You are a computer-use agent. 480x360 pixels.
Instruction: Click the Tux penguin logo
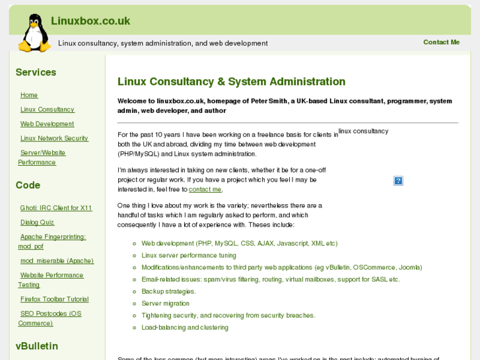coord(34,33)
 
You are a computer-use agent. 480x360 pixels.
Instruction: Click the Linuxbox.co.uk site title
coord(90,21)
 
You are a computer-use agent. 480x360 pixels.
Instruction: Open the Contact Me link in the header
coord(441,42)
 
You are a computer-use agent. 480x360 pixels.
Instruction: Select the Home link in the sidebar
coord(29,95)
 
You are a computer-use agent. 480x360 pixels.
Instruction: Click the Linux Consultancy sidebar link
coord(48,110)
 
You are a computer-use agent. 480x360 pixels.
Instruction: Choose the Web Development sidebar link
coord(47,124)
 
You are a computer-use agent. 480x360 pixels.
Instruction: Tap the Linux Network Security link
coord(54,139)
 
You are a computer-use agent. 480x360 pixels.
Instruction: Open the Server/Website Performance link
coord(42,157)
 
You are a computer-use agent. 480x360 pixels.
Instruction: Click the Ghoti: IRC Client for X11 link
coord(56,208)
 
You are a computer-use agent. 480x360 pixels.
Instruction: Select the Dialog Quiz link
coord(37,223)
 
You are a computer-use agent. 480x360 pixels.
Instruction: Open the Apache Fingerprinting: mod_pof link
coord(52,241)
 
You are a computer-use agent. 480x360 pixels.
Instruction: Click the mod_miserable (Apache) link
coord(57,261)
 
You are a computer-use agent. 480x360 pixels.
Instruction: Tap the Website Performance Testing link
coord(51,279)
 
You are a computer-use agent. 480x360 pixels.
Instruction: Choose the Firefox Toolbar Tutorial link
coord(54,299)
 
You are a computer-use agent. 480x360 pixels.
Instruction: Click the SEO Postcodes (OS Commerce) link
coord(50,318)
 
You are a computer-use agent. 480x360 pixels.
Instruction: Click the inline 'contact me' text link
coord(205,190)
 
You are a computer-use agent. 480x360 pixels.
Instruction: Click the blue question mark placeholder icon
coord(398,180)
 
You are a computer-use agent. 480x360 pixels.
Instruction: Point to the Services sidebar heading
coord(36,73)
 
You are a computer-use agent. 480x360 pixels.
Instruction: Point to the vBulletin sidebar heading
coord(37,346)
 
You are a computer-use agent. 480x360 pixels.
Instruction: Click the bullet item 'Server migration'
coord(165,304)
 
